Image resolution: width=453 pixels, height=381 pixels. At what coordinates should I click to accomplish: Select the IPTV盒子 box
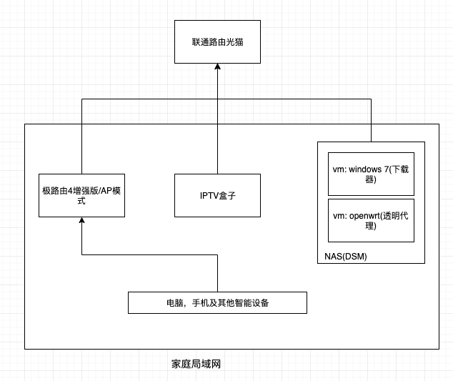pyautogui.click(x=217, y=195)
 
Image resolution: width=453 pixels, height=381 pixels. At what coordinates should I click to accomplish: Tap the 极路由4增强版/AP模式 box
pyautogui.click(x=81, y=195)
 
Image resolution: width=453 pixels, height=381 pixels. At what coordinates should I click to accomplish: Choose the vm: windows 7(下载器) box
pyautogui.click(x=371, y=174)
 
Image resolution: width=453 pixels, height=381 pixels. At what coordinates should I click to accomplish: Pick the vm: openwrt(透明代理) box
pyautogui.click(x=371, y=220)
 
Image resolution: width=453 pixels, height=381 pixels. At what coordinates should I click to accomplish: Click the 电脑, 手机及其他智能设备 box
pyautogui.click(x=217, y=303)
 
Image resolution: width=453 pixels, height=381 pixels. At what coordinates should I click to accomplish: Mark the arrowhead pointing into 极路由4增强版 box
pyautogui.click(x=81, y=221)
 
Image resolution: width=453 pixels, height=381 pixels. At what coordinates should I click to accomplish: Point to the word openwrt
pyautogui.click(x=365, y=215)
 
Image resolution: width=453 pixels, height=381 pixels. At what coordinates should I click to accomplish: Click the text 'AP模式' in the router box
pyautogui.click(x=107, y=190)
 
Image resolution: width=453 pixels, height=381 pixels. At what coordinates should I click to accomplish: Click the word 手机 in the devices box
pyautogui.click(x=199, y=303)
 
